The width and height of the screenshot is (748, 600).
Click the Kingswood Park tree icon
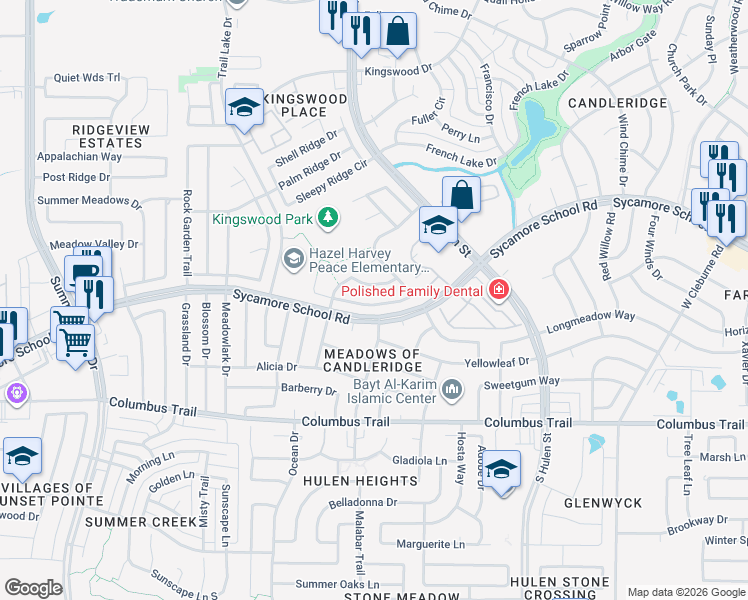pos(327,218)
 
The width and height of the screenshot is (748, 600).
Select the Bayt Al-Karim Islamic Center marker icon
pos(453,388)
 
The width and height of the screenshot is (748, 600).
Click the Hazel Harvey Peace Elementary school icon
pos(293,259)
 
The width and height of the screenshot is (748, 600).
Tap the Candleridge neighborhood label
pos(617,103)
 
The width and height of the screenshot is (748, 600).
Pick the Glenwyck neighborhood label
pos(602,502)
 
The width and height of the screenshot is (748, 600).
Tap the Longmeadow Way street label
pos(590,316)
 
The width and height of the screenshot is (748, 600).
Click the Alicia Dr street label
pos(277,367)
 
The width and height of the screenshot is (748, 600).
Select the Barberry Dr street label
pos(308,389)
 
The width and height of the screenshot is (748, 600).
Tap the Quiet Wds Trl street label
pos(86,77)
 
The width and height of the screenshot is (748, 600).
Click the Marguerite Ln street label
pos(430,545)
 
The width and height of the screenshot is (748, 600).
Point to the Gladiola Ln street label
pos(420,460)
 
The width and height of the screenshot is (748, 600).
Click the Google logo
pos(33,588)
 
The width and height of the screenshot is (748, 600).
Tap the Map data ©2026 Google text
pos(685,592)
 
